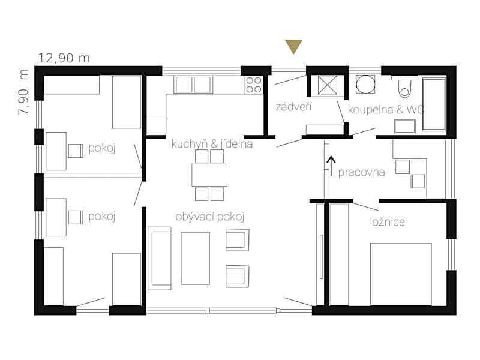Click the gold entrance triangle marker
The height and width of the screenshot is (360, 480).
[293, 46]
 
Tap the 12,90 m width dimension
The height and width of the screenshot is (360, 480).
[64, 58]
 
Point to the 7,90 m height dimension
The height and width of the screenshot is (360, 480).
[23, 92]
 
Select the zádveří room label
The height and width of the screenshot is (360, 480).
[293, 107]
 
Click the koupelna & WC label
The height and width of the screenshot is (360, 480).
[386, 109]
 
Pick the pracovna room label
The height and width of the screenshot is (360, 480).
[361, 172]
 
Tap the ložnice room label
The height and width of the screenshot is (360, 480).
[387, 221]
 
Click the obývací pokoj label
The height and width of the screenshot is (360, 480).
[209, 217]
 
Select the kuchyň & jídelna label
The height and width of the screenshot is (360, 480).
[212, 144]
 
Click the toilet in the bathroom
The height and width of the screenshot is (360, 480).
[404, 86]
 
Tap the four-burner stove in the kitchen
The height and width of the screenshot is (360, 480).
[254, 85]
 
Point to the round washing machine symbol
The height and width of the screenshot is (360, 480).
[365, 85]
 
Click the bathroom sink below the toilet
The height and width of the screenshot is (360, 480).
[404, 127]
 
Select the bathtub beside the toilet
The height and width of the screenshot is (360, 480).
[434, 104]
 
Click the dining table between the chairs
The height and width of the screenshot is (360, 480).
[209, 175]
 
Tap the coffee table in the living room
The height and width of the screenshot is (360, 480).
[196, 259]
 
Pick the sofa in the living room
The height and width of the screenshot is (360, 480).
[159, 258]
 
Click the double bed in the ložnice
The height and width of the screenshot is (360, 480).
[401, 274]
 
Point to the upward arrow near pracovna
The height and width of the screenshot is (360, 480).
[331, 166]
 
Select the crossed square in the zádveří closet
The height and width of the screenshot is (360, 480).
[327, 85]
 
